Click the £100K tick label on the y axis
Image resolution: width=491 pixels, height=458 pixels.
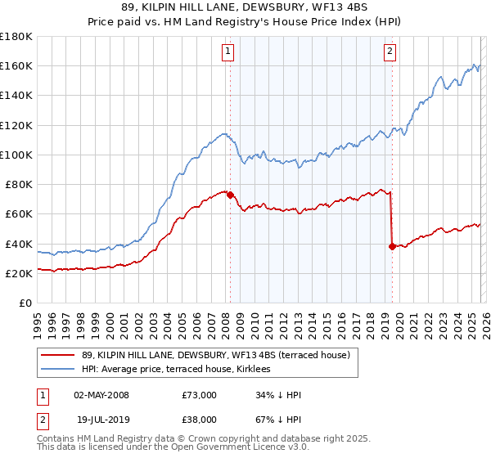coord(16,155)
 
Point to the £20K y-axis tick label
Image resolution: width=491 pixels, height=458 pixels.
coord(18,274)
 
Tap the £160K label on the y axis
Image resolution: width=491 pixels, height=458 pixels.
coord(16,65)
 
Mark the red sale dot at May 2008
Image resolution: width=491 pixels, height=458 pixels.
coord(230,195)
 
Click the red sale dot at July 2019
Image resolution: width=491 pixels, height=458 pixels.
coord(392,246)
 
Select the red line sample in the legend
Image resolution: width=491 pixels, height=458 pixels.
coord(58,354)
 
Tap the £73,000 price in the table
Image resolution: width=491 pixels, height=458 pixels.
coord(199,395)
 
